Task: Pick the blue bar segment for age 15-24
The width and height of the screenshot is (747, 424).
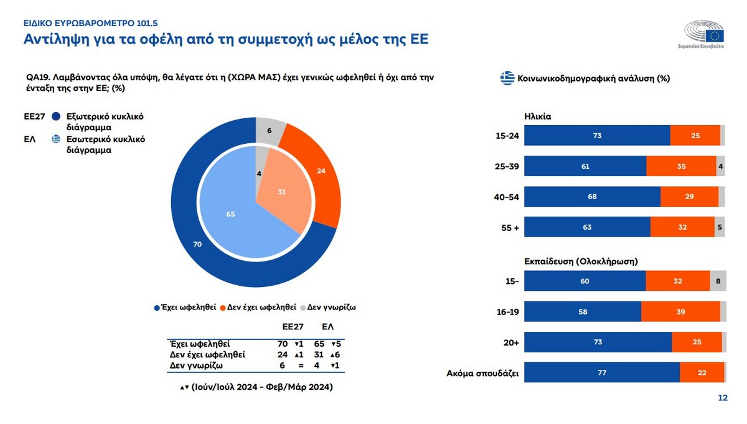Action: pyautogui.click(x=597, y=136)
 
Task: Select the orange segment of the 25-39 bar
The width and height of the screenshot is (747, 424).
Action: pyautogui.click(x=681, y=166)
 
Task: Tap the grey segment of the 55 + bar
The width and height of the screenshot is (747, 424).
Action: pyautogui.click(x=720, y=227)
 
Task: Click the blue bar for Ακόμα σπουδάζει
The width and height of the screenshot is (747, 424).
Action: pyautogui.click(x=602, y=372)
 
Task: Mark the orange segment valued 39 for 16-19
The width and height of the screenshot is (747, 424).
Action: pyautogui.click(x=680, y=311)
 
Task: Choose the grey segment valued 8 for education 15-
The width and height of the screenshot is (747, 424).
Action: pyautogui.click(x=718, y=281)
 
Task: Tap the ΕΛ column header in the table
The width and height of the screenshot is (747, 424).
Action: pyautogui.click(x=328, y=326)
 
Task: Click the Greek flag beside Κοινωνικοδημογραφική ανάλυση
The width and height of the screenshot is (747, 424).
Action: pyautogui.click(x=507, y=78)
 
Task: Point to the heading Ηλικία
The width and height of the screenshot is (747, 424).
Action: pyautogui.click(x=538, y=116)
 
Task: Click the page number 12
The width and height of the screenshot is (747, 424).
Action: pyautogui.click(x=723, y=398)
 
